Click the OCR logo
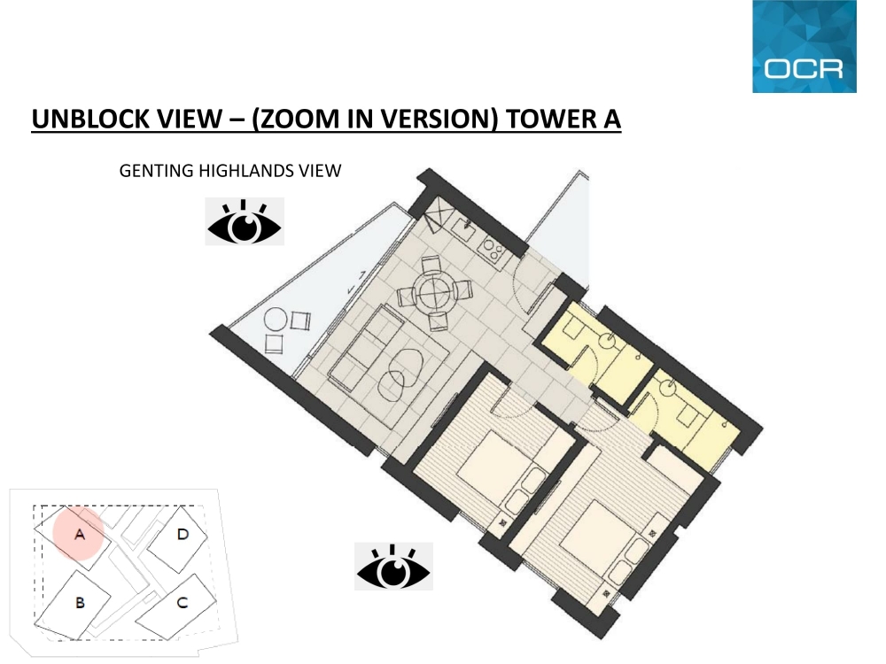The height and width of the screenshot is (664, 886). tap(804, 46)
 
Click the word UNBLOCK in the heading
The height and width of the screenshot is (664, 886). tap(91, 119)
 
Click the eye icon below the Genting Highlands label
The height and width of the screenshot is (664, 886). tap(245, 221)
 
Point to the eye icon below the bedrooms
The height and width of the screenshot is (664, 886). tap(393, 567)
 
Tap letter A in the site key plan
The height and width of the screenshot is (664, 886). tap(80, 534)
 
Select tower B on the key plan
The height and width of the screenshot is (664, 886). tap(74, 604)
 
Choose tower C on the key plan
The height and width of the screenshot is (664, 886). tap(176, 606)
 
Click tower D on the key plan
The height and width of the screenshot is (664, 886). tap(177, 537)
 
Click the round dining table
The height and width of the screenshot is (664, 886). tap(434, 292)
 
